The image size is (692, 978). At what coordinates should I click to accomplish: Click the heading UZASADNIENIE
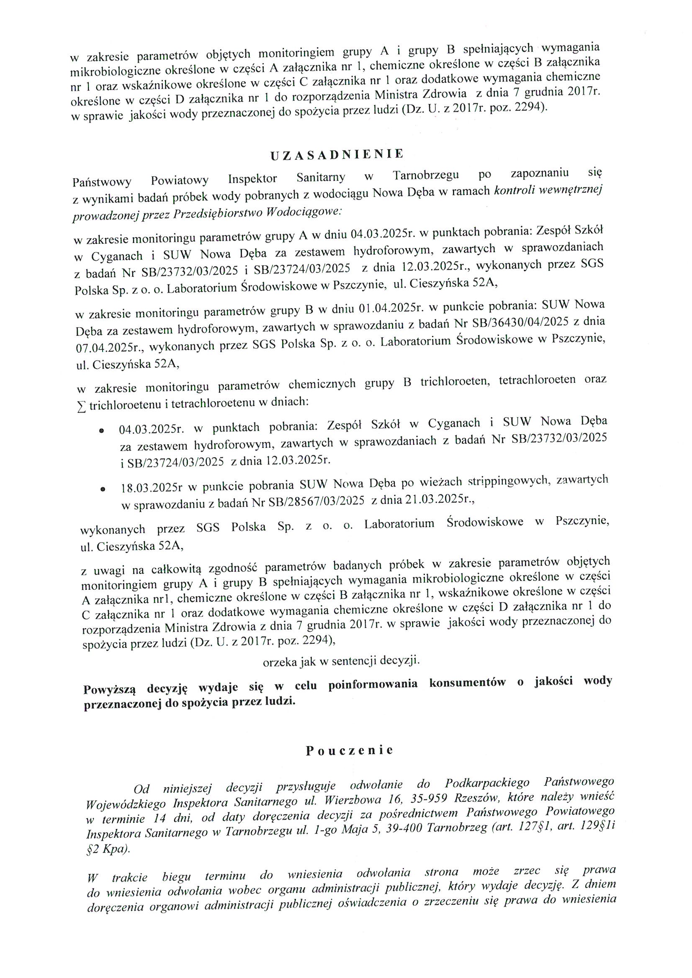click(x=337, y=155)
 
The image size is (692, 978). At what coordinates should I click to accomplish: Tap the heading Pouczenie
click(x=349, y=750)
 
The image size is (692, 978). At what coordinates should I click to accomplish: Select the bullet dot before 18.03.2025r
click(x=102, y=490)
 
